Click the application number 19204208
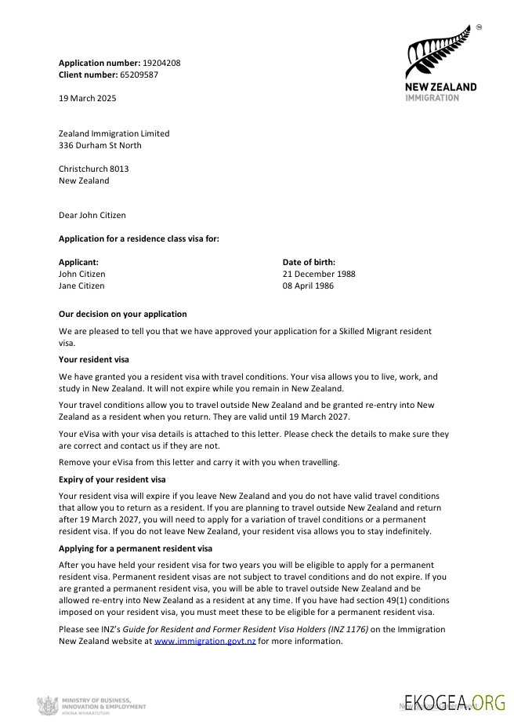(161, 63)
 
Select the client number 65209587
(139, 75)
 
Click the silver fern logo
(437, 53)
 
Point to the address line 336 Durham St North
(100, 145)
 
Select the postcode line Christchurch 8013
(94, 169)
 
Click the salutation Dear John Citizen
(92, 215)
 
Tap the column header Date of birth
(309, 262)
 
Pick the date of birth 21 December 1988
(319, 274)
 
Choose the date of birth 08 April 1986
(308, 286)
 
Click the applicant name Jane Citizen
(81, 286)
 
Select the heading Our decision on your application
(123, 314)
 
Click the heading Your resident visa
(94, 359)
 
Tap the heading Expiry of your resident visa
(115, 478)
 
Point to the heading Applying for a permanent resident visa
(136, 548)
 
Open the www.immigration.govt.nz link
(205, 641)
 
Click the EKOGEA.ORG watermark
(454, 701)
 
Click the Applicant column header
(78, 262)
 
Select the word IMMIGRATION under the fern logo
(433, 98)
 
